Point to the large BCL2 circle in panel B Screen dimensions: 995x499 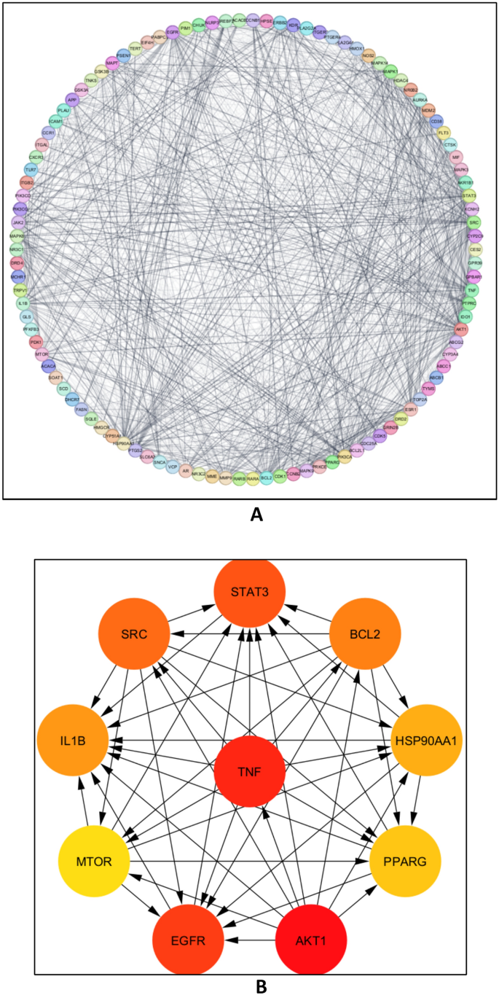tap(364, 634)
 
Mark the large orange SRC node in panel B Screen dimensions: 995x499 tap(135, 634)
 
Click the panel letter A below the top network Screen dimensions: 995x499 tap(256, 515)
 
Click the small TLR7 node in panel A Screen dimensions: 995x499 tap(31, 169)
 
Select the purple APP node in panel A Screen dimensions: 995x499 tap(71, 99)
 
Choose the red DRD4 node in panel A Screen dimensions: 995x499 tap(17, 262)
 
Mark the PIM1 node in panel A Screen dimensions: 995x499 tap(186, 27)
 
